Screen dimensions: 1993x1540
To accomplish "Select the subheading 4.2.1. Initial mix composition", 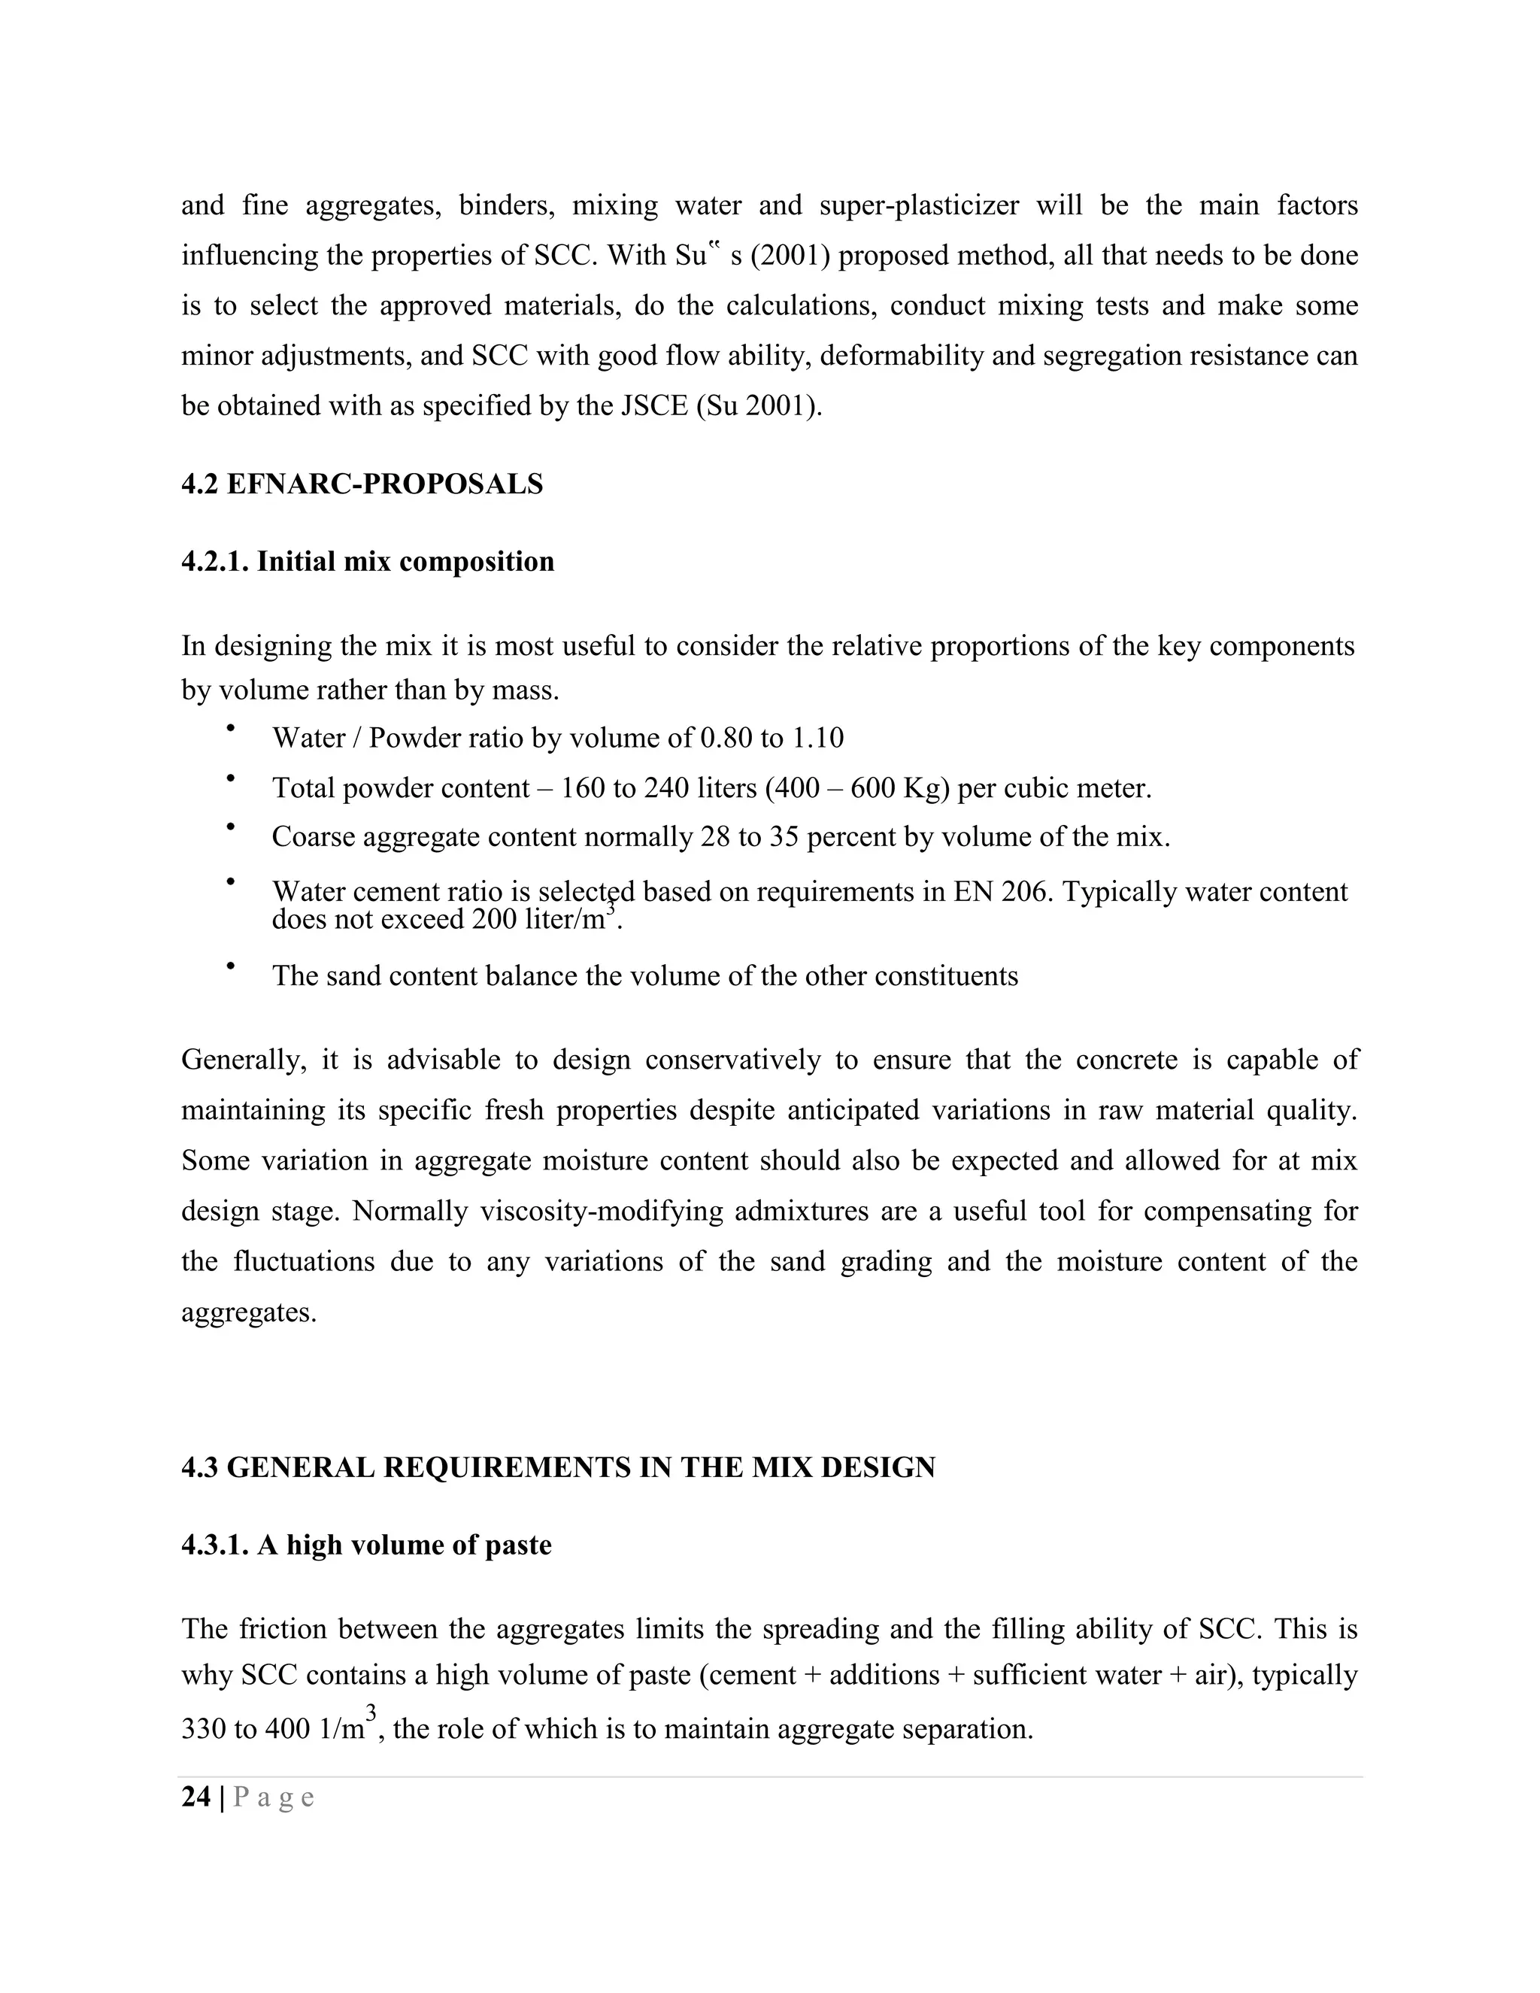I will pyautogui.click(x=367, y=561).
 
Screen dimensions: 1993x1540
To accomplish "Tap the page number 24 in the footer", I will pyautogui.click(x=196, y=1797).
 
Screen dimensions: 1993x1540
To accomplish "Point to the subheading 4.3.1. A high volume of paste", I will pyautogui.click(x=366, y=1545).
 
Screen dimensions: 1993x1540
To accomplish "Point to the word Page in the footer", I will pyautogui.click(x=274, y=1797).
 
